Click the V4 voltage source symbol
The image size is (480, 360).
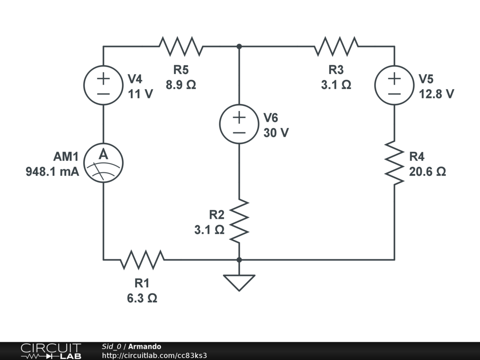[103, 85]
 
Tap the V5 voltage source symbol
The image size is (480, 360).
[394, 85]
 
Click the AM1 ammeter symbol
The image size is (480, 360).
[103, 162]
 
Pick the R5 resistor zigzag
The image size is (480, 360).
[181, 46]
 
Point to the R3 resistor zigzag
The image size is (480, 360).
[336, 46]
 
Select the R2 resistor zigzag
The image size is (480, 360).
[239, 220]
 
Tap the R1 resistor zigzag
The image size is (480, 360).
[142, 259]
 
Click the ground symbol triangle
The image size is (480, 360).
[239, 282]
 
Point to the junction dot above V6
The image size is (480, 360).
[239, 46]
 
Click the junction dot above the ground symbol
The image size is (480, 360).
[239, 259]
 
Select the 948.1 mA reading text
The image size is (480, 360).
[52, 172]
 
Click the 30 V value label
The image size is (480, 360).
[276, 133]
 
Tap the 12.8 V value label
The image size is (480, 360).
[436, 94]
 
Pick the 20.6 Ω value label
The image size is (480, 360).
[427, 172]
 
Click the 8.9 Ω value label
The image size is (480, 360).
[181, 85]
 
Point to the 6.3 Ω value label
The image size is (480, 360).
[142, 298]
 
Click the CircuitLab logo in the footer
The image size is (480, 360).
[50, 351]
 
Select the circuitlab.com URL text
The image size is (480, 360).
[154, 355]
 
